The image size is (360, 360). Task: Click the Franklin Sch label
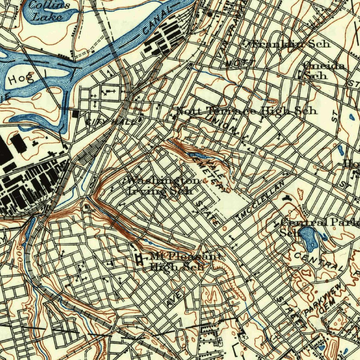[290, 44]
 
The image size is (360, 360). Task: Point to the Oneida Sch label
[319, 71]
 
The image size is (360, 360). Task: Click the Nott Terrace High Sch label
[246, 111]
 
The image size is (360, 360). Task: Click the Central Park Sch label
[316, 226]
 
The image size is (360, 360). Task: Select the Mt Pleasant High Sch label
[183, 261]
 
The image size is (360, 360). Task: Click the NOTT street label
[240, 63]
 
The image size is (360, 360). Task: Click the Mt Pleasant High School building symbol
[140, 259]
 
